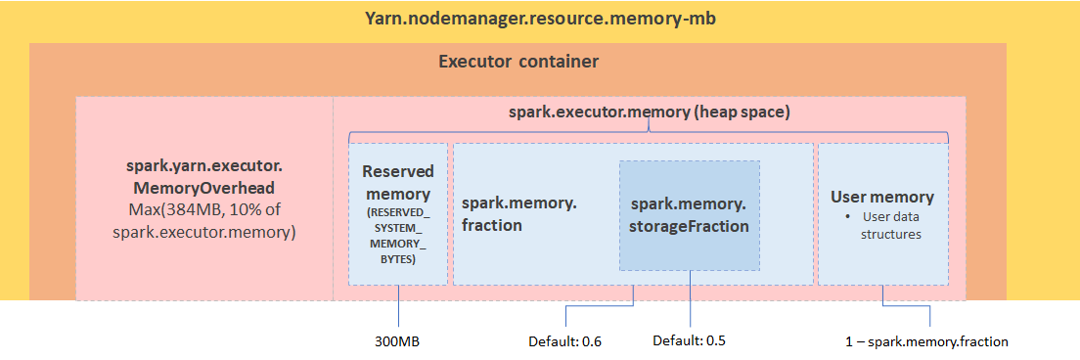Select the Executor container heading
(517, 63)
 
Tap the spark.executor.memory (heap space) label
(649, 112)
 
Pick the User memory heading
(882, 197)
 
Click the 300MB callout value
(398, 342)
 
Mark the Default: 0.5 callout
(690, 341)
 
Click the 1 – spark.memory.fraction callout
(927, 342)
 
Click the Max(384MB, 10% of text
(205, 210)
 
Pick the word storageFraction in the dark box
(690, 226)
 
